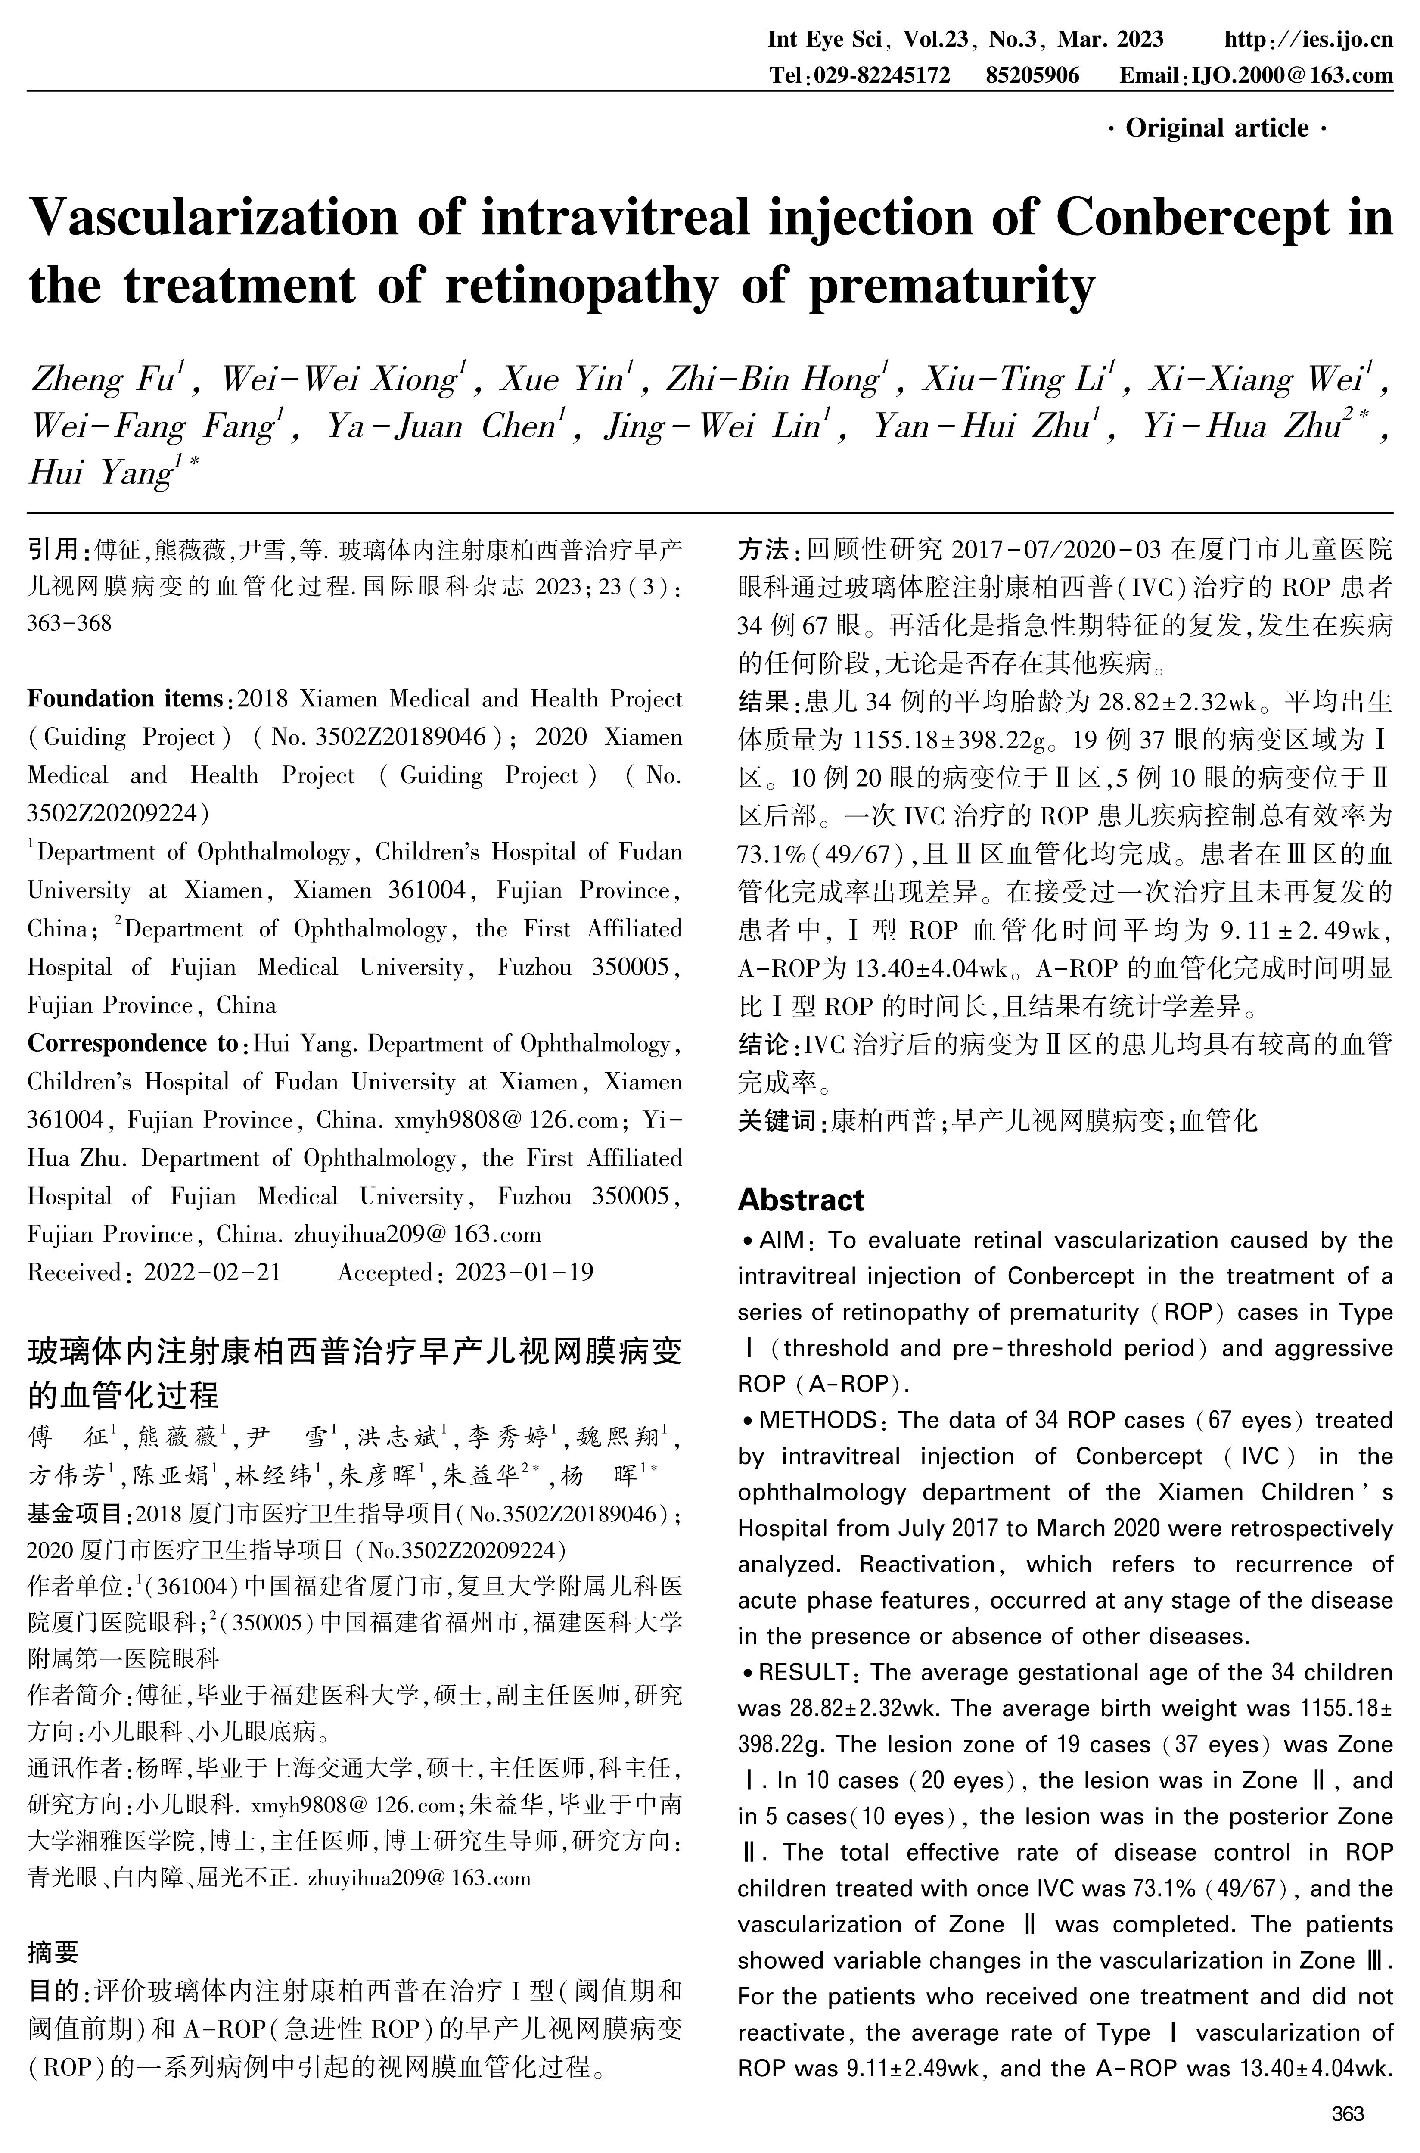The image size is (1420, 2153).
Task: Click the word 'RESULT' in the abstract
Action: coord(804,1672)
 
